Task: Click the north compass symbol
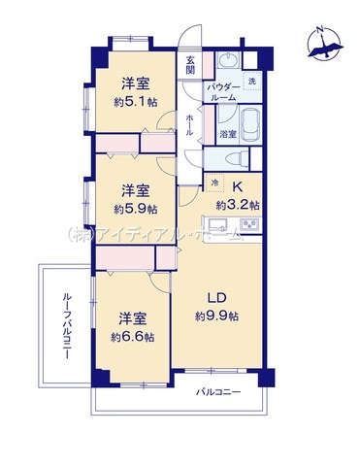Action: [x=325, y=43]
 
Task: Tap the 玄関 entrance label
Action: [x=190, y=65]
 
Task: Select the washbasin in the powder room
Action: [x=228, y=60]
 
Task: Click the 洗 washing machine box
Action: [x=251, y=81]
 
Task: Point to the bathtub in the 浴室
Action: [x=250, y=125]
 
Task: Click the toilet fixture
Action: [x=237, y=159]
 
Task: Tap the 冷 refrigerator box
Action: [x=214, y=183]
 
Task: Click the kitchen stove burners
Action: [x=249, y=224]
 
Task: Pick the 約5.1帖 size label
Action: [x=136, y=103]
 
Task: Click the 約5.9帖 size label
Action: [x=136, y=210]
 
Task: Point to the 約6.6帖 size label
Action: [x=132, y=337]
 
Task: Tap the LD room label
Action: [x=216, y=298]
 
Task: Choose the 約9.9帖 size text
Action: [x=216, y=316]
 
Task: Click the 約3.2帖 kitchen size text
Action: [x=238, y=205]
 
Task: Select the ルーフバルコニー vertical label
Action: [x=67, y=326]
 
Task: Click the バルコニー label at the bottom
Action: [x=219, y=392]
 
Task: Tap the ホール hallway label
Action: [x=189, y=125]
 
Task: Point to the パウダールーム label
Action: [x=223, y=92]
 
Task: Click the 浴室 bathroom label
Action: [x=228, y=134]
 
